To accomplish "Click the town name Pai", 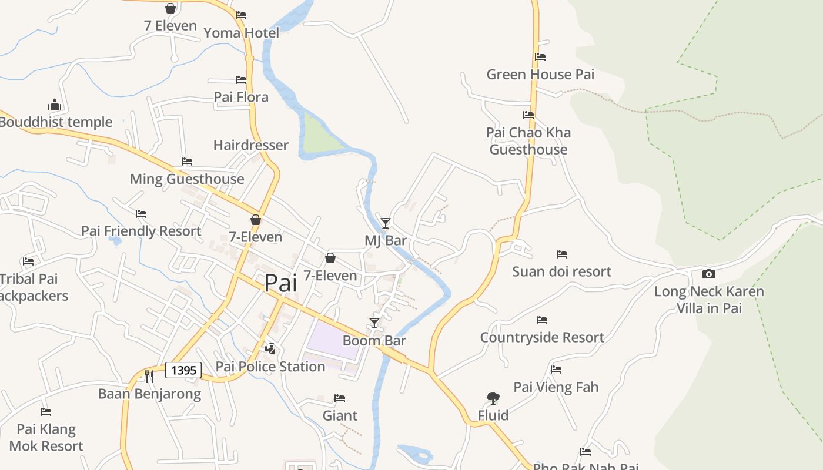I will click(x=280, y=283).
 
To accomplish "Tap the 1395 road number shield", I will click(x=183, y=370).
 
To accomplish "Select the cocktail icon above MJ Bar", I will click(x=386, y=223).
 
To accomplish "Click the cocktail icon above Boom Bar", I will click(x=374, y=323).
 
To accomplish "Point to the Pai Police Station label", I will click(x=270, y=367).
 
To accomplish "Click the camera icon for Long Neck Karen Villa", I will click(x=709, y=274).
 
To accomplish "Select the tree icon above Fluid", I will click(x=493, y=398).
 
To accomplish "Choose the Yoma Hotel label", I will click(x=241, y=33).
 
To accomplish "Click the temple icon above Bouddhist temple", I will click(x=55, y=105).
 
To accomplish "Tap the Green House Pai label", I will click(x=540, y=75).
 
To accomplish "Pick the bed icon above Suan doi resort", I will click(x=562, y=254).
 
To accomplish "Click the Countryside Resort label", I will click(x=542, y=337).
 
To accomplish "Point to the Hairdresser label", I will click(x=251, y=145).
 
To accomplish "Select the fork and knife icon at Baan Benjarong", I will click(x=149, y=376).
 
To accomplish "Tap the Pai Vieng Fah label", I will click(x=556, y=387).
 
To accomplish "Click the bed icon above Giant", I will click(x=340, y=398).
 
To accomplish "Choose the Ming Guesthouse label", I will click(x=187, y=179).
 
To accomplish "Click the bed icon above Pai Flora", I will click(x=241, y=79).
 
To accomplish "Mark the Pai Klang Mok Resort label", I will click(x=46, y=438).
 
